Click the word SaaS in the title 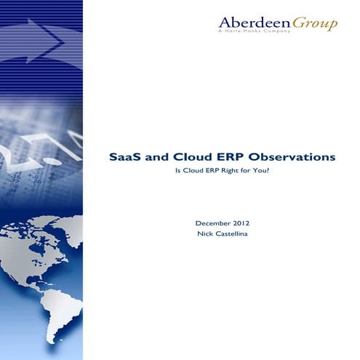point(124,156)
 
